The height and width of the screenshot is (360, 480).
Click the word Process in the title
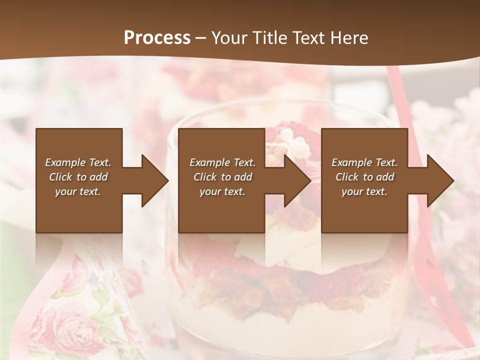(157, 38)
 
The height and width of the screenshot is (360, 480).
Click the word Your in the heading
(228, 38)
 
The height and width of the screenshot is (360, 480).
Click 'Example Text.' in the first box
(78, 162)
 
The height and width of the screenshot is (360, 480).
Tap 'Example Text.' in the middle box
(222, 162)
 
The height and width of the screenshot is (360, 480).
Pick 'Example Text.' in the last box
(364, 162)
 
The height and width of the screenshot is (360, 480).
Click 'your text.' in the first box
(78, 191)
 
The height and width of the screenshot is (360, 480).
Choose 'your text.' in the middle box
(222, 191)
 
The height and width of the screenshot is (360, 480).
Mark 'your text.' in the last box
(364, 191)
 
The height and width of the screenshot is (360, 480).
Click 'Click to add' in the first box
(78, 177)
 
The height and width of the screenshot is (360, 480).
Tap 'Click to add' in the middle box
(222, 177)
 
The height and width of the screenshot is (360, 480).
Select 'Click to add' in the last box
(364, 177)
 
